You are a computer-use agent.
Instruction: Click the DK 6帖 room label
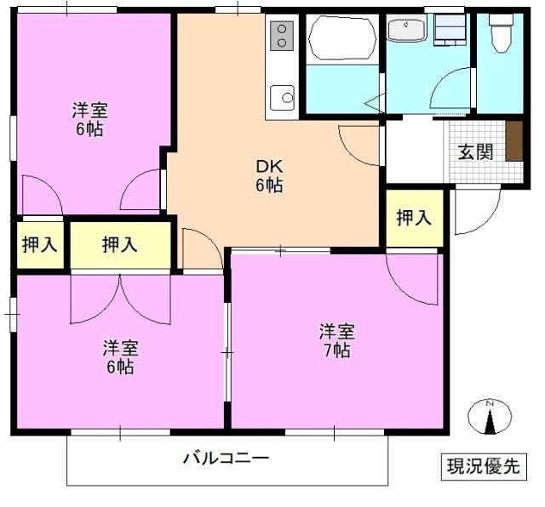point(271,175)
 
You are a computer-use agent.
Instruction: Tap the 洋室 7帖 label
point(336,339)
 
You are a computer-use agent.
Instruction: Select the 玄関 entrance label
point(475,151)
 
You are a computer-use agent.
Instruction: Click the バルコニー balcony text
point(227,459)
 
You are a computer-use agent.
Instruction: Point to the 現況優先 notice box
point(483,466)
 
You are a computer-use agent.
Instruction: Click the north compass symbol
point(490,417)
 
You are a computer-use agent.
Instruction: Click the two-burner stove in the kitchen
point(282,36)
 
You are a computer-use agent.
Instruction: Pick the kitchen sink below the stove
point(282,97)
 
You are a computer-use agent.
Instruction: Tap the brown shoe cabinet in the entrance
point(513,141)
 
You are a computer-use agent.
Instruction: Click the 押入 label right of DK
point(414,218)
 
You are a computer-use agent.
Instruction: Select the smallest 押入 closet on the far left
point(39,245)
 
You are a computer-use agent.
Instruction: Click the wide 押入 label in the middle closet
point(119,245)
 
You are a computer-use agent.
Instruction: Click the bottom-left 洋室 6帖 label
point(119,357)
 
